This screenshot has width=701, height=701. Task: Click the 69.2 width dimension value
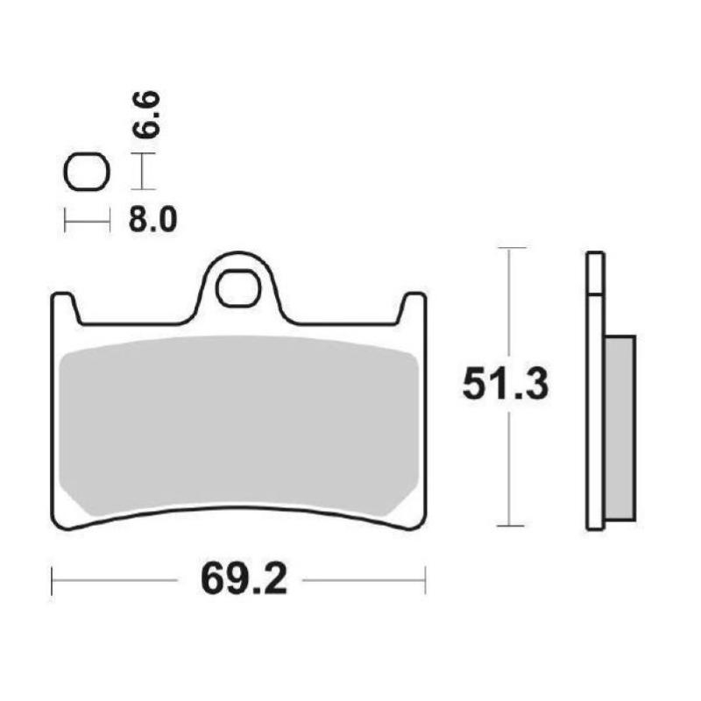click(x=239, y=579)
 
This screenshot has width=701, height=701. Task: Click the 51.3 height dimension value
click(x=505, y=386)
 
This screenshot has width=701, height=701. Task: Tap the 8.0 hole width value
click(x=152, y=219)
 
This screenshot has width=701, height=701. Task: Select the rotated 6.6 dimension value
click(x=147, y=114)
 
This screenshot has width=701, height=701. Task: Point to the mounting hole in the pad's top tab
click(x=238, y=289)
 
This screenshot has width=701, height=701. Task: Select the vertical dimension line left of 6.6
click(x=141, y=171)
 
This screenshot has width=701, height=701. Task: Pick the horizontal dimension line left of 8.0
click(x=87, y=219)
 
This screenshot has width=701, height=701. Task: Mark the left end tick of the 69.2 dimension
click(x=53, y=579)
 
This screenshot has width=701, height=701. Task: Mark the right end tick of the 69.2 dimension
click(x=425, y=579)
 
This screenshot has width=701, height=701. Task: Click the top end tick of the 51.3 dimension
click(x=511, y=249)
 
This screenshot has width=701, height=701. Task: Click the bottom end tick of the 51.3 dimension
click(x=511, y=526)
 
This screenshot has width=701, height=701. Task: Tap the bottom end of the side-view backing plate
click(x=594, y=527)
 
